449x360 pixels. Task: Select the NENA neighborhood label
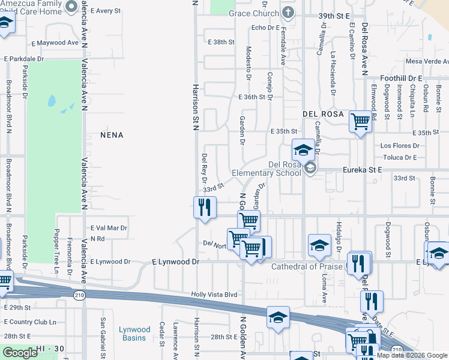(112, 135)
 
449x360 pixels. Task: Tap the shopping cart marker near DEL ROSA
(360, 122)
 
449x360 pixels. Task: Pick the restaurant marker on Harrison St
(204, 208)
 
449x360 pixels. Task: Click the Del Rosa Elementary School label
(266, 169)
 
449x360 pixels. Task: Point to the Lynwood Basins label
(134, 334)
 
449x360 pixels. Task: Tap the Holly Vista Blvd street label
(214, 295)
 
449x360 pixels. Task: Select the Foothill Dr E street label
(402, 79)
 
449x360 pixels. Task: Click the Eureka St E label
(362, 170)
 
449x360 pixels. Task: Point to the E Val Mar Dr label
(109, 228)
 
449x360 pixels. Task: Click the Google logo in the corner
(19, 353)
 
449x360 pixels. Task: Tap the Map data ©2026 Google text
(412, 355)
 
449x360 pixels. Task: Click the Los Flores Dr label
(399, 146)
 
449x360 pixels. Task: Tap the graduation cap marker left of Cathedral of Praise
(319, 244)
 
